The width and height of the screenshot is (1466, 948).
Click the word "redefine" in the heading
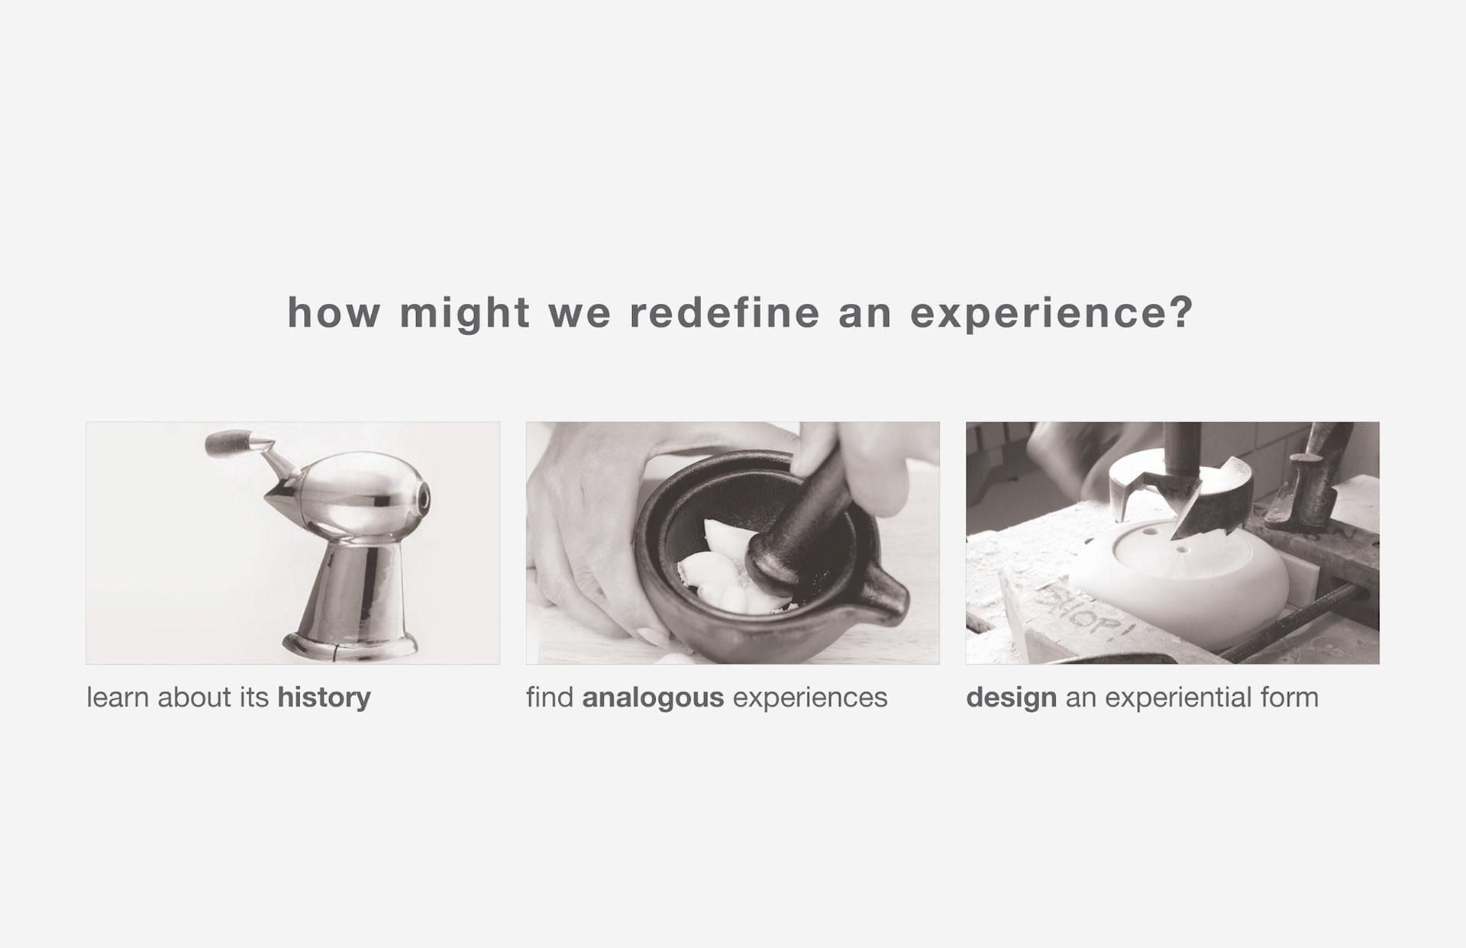point(724,312)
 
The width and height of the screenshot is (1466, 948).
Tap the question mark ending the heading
point(1180,312)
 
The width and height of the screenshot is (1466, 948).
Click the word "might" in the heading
point(464,314)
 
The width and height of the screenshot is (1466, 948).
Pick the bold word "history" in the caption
point(324,698)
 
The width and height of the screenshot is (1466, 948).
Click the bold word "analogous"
point(653,698)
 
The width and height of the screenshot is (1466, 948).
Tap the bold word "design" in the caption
point(1011,698)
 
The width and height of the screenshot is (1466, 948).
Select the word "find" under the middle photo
point(549,698)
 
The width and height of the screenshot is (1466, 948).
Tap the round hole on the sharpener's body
point(422,498)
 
